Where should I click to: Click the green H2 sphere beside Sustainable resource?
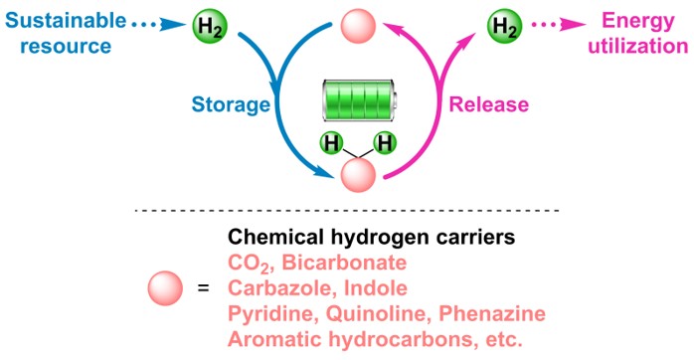click(x=210, y=26)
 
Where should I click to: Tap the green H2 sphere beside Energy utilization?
click(x=504, y=26)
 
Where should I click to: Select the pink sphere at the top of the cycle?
click(x=358, y=26)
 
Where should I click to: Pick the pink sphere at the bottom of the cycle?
click(x=358, y=175)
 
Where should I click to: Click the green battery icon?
click(x=359, y=100)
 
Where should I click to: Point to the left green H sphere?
click(x=331, y=143)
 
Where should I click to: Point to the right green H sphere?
click(x=385, y=143)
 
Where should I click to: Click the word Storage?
click(x=231, y=105)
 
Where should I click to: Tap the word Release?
click(x=489, y=104)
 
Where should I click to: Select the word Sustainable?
click(x=66, y=20)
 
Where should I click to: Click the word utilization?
click(x=637, y=46)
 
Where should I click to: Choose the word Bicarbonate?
click(x=344, y=263)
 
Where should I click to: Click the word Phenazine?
click(x=492, y=313)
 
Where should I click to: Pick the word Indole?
click(x=375, y=288)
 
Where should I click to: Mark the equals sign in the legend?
click(x=203, y=288)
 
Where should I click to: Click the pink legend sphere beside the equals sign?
click(x=165, y=288)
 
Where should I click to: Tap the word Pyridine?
click(x=272, y=314)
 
